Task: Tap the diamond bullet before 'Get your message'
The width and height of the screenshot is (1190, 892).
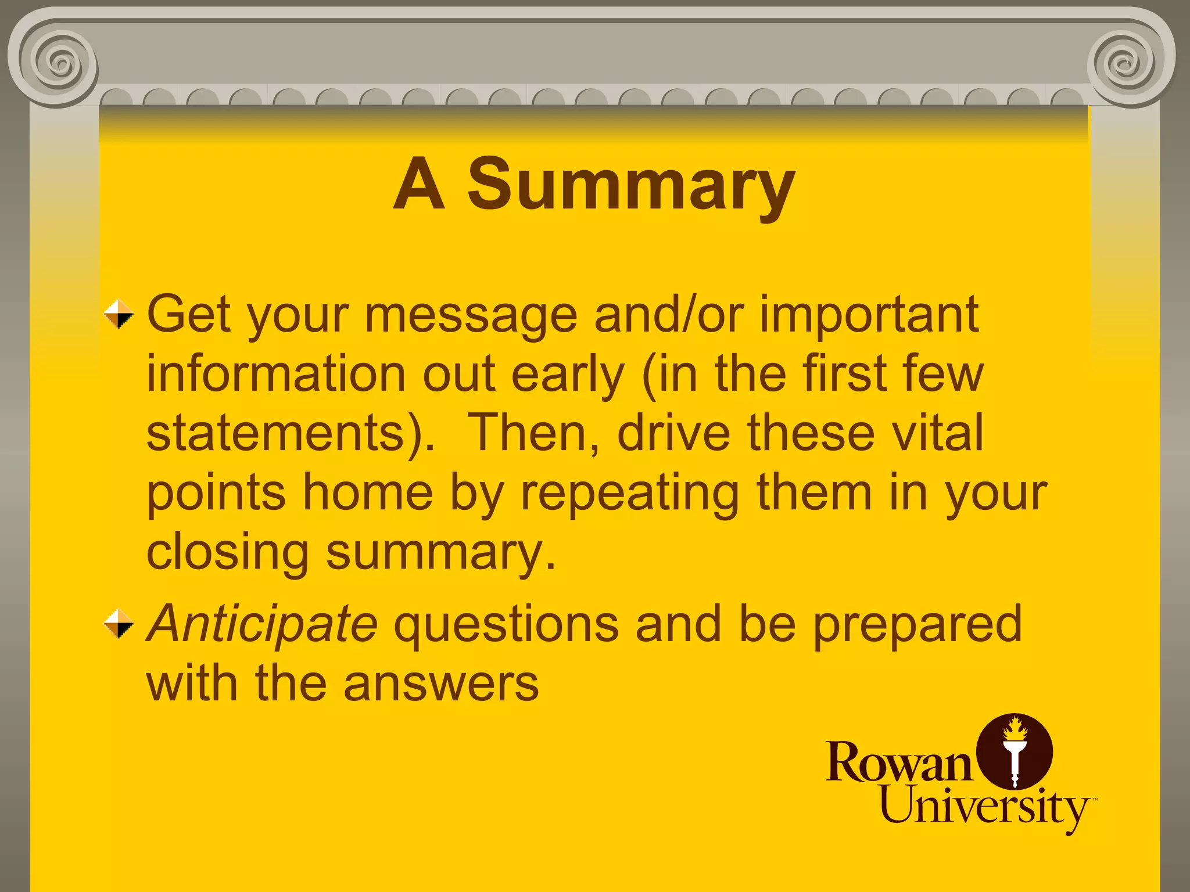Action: click(119, 314)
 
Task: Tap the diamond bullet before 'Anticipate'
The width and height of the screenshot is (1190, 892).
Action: click(119, 623)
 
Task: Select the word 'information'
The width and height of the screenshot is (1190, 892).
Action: click(276, 375)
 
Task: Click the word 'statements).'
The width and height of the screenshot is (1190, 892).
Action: click(291, 434)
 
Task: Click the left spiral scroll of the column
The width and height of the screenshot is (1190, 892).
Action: click(59, 62)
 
